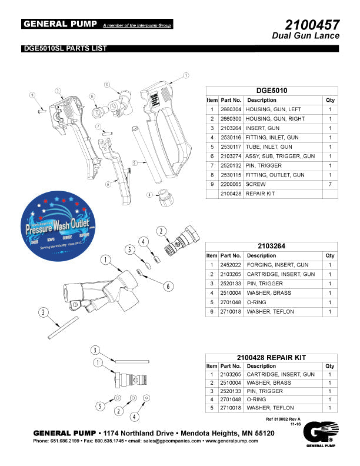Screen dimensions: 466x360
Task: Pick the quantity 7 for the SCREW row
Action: [330, 184]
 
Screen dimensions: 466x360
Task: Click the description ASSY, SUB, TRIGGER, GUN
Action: [276, 156]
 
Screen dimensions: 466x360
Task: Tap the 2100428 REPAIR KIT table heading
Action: [271, 357]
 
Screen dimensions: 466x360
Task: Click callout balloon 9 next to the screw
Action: [33, 95]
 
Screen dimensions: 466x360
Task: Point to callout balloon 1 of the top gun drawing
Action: [185, 75]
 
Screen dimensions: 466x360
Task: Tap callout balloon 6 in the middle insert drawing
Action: [168, 286]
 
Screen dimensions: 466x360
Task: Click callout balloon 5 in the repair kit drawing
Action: [101, 406]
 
